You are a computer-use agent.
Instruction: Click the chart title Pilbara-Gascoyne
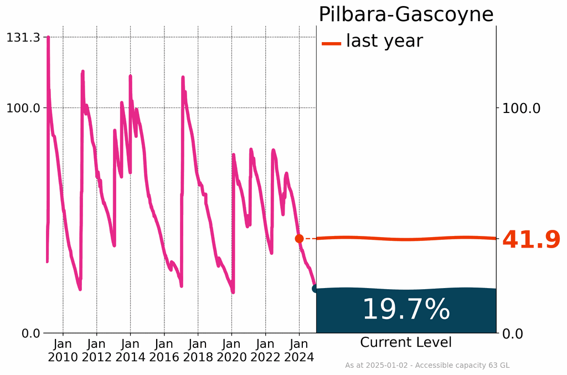tap(405, 14)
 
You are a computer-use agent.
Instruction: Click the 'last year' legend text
tap(384, 41)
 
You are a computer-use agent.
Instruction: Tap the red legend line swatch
tap(331, 43)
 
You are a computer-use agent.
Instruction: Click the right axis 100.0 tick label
tap(520, 108)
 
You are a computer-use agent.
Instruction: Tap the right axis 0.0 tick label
tap(513, 333)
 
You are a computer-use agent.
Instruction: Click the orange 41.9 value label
tap(531, 240)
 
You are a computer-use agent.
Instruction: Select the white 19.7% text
tap(406, 310)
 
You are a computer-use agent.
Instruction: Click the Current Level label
tap(406, 342)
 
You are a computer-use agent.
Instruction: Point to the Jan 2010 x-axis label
tap(63, 350)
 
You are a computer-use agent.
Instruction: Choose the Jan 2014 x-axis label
tap(131, 350)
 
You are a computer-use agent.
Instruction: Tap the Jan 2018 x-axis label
tap(198, 350)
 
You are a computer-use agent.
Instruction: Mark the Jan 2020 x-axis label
tap(231, 350)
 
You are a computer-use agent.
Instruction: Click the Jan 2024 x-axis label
tap(299, 350)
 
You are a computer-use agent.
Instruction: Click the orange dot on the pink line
tap(299, 239)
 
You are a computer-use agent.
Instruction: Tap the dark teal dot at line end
tap(316, 288)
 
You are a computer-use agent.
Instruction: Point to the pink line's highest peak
tap(48, 38)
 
